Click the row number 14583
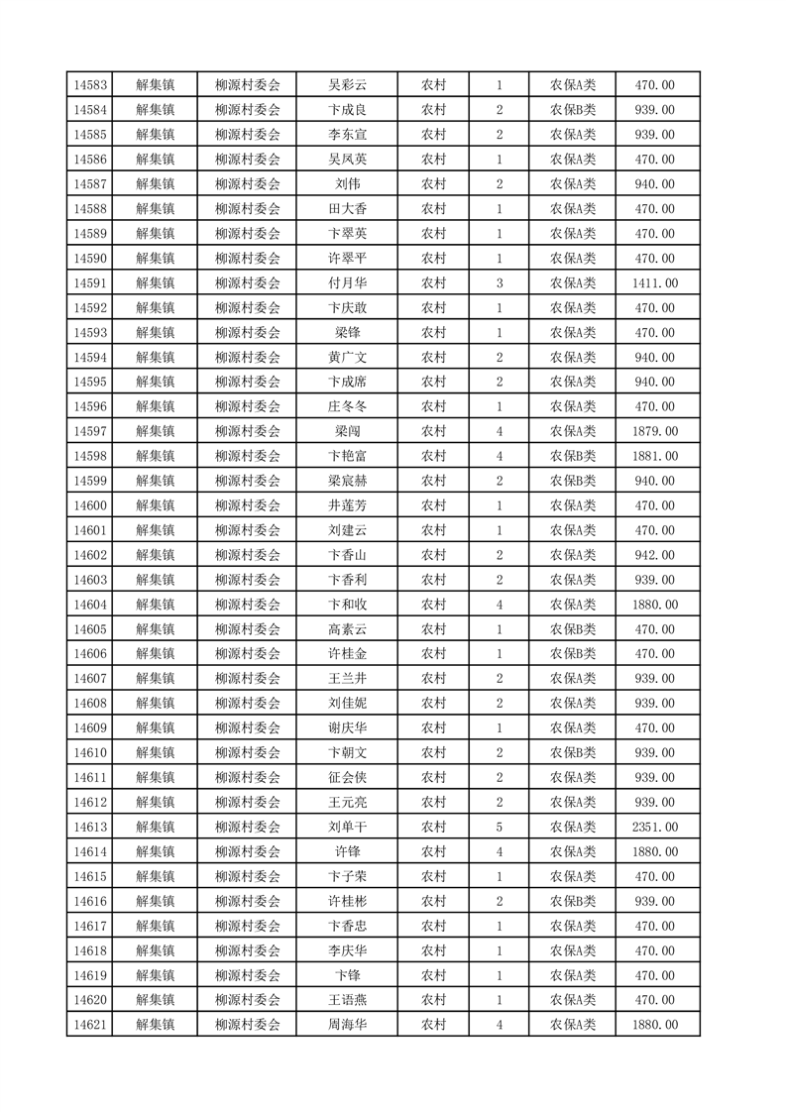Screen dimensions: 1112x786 click(90, 85)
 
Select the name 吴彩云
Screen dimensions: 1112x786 click(347, 85)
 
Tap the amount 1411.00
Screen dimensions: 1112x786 click(654, 283)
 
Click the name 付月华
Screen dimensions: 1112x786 click(347, 283)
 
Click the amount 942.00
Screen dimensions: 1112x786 click(654, 555)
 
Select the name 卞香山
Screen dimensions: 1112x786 click(347, 555)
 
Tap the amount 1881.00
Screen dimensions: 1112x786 click(654, 456)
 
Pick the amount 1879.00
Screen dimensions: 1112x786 click(654, 431)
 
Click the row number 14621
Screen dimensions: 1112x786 click(90, 1025)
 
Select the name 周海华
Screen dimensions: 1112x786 click(347, 1025)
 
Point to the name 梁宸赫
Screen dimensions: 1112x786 click(347, 481)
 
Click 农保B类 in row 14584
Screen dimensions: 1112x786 click(573, 110)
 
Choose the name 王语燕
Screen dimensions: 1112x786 click(347, 1000)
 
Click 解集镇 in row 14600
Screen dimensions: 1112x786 click(155, 505)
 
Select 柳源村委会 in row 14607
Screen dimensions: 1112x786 click(248, 679)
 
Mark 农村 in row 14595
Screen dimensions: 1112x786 click(433, 382)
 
